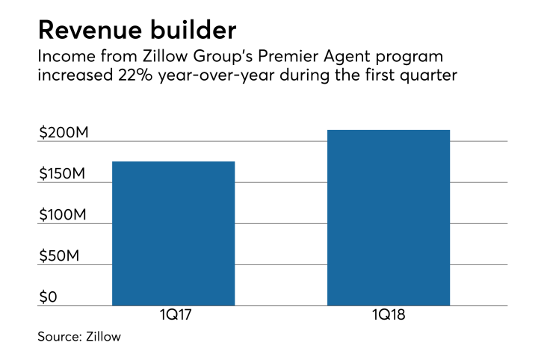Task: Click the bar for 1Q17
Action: click(x=173, y=233)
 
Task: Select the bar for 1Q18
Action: click(x=389, y=217)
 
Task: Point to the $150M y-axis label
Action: click(x=63, y=174)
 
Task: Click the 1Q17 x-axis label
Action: click(x=173, y=317)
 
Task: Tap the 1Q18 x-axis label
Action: click(x=389, y=317)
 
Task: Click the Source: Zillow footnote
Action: click(x=79, y=337)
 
